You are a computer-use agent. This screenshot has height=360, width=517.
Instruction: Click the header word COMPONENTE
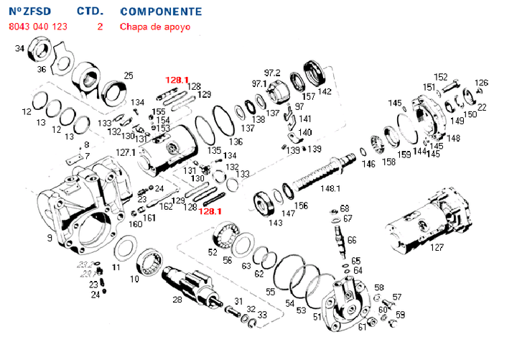pos(161,12)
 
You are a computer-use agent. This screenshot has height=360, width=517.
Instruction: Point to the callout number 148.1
pos(330,189)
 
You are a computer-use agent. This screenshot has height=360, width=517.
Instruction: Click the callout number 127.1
pos(126,152)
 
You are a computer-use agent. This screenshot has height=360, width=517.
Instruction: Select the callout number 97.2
pos(272,73)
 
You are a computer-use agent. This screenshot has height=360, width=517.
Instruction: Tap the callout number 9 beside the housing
pos(49,238)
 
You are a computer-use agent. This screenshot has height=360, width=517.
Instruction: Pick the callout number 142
pos(325,91)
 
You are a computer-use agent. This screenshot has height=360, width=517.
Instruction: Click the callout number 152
pos(441,77)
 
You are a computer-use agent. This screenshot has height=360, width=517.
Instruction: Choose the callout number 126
pos(481,83)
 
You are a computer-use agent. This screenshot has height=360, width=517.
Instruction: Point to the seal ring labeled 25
pos(113,91)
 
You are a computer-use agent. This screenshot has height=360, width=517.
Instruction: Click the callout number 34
pos(20,49)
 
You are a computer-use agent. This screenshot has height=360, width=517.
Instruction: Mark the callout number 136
pos(236,142)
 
